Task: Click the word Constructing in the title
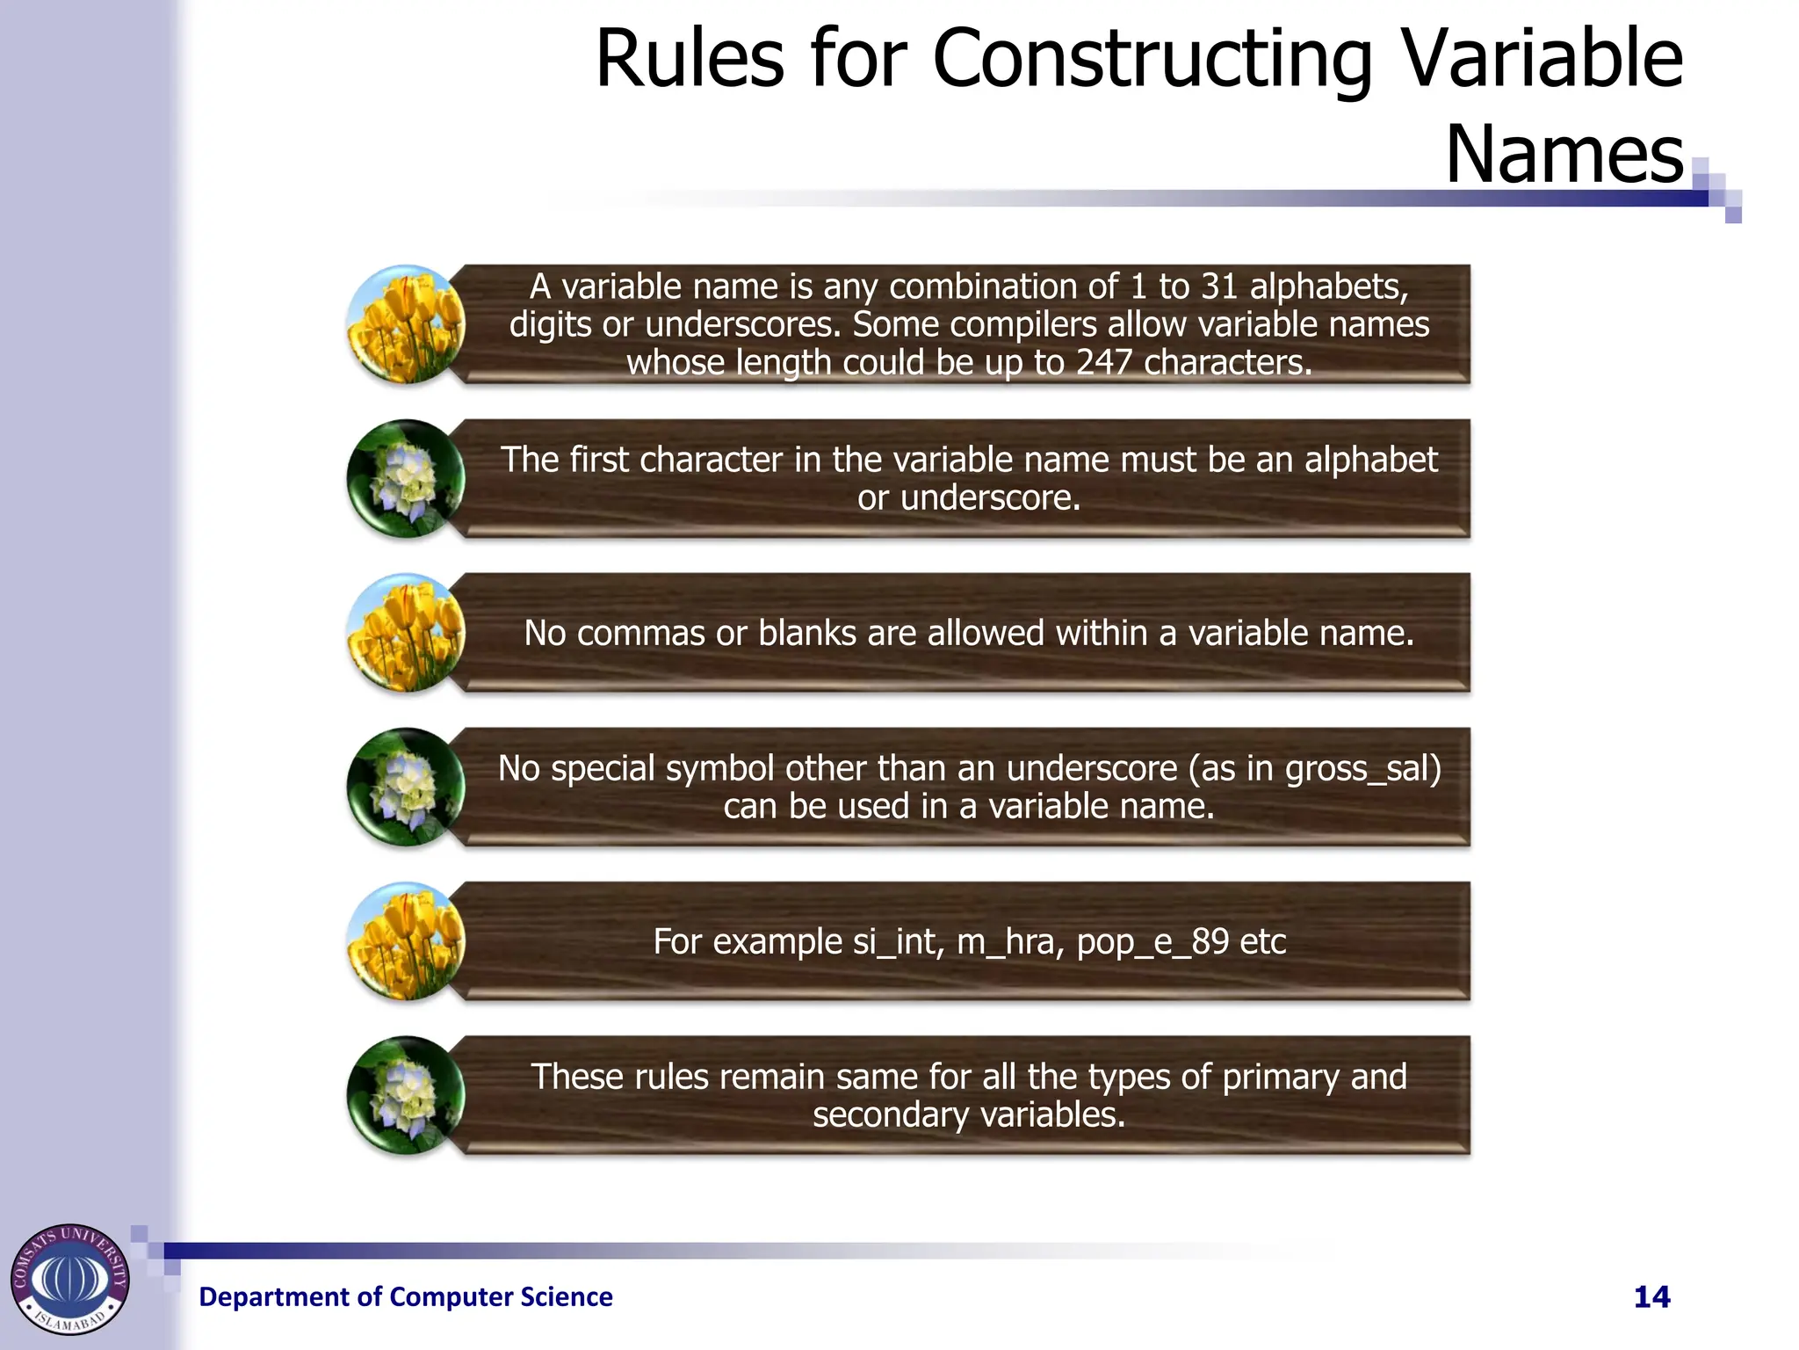(1152, 60)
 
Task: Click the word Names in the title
(1564, 156)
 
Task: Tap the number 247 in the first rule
(1104, 363)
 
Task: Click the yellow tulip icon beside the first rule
(406, 324)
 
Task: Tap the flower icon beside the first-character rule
(406, 479)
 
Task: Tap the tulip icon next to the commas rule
(406, 633)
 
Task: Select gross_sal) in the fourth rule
(1363, 769)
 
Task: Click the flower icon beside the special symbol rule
(406, 787)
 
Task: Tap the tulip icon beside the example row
(406, 941)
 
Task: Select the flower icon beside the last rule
(406, 1096)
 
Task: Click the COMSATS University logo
(70, 1279)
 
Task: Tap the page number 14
(1651, 1297)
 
